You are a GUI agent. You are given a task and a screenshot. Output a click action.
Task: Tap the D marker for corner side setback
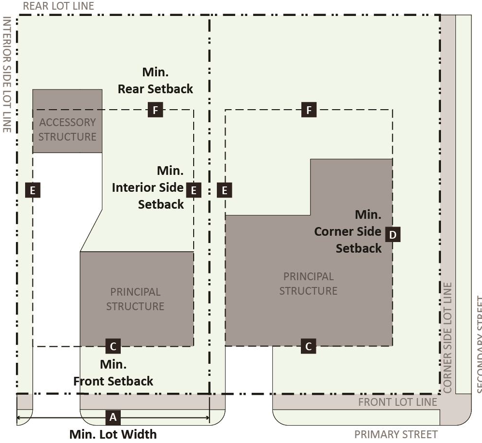[393, 235]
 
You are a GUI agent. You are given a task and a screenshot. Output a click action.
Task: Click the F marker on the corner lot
[309, 110]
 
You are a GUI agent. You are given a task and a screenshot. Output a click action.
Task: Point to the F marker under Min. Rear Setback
[155, 110]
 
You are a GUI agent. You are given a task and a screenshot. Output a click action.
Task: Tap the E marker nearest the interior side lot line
[32, 190]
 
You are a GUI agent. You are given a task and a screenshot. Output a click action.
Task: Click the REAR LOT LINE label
[58, 6]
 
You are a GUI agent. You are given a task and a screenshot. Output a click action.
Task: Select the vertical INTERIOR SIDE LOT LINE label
[7, 75]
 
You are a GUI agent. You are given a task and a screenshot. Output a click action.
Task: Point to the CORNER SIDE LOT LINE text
[447, 337]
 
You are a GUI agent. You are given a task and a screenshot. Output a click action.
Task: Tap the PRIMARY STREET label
[396, 434]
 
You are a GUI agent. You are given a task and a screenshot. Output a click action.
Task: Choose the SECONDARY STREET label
[478, 338]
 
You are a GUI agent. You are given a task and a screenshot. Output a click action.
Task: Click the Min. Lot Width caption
[113, 434]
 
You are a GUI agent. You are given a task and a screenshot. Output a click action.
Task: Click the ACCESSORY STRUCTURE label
[67, 129]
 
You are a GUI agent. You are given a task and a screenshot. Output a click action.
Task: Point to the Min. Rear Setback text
[155, 81]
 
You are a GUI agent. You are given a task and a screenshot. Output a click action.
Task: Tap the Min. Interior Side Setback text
[148, 187]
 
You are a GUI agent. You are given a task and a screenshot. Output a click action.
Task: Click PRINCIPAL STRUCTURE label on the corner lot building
[308, 284]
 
